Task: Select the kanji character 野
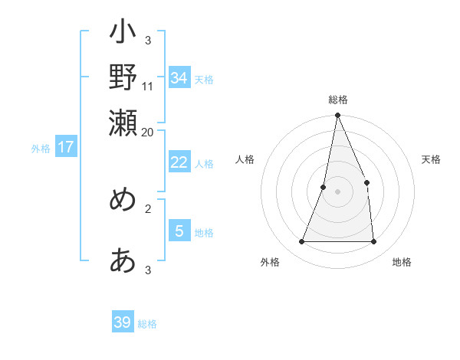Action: (x=123, y=77)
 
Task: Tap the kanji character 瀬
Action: (x=123, y=121)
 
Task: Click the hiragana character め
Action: (x=123, y=199)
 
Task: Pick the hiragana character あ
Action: (x=123, y=260)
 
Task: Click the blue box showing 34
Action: (x=179, y=78)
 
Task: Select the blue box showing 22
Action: (x=179, y=162)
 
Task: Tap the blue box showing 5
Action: (x=179, y=231)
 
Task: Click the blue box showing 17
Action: (x=65, y=147)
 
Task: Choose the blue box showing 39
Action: (x=123, y=322)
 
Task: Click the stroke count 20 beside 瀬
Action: (x=148, y=132)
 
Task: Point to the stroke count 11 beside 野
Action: (x=148, y=87)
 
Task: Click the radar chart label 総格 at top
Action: (x=338, y=100)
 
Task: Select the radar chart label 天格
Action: (x=431, y=159)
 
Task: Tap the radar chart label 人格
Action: (x=245, y=159)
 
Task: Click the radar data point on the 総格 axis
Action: (x=338, y=116)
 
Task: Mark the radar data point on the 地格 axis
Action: (x=373, y=241)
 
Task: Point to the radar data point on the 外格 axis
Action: (x=302, y=241)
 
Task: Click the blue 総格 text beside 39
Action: (x=147, y=324)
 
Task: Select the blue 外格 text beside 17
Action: (x=40, y=149)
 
